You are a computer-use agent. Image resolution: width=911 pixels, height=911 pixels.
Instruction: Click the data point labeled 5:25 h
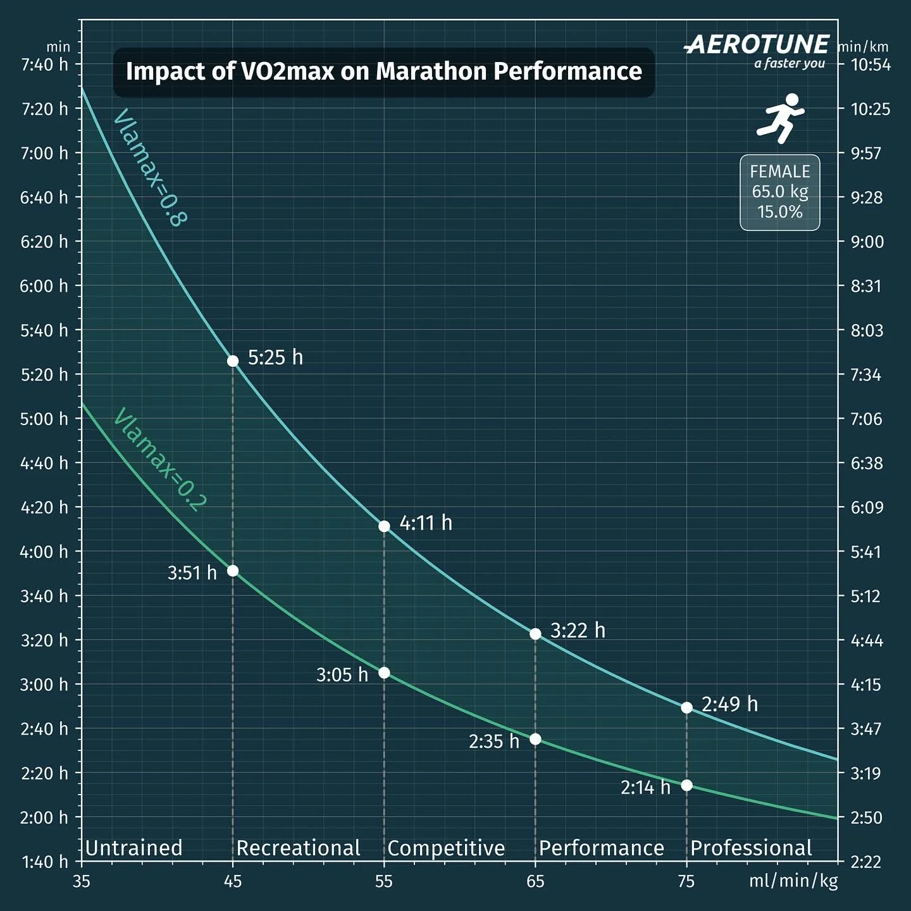click(x=233, y=361)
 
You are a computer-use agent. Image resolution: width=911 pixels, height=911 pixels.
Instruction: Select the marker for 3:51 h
click(x=233, y=571)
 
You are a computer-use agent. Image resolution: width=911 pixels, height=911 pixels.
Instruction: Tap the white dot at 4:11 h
click(x=384, y=526)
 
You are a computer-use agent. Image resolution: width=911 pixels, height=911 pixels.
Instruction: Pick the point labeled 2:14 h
click(x=686, y=785)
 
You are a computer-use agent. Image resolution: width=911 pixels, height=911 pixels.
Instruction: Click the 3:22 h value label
click(x=578, y=631)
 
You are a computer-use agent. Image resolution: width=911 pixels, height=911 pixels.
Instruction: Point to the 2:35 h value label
click(x=494, y=741)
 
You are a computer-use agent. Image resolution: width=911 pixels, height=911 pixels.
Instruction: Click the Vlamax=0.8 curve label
click(x=150, y=168)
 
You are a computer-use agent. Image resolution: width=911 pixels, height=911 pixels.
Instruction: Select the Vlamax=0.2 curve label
click(x=159, y=459)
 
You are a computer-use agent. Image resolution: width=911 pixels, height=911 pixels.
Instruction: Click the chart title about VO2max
click(x=383, y=71)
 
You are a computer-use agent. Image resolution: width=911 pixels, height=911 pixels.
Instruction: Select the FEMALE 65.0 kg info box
click(x=779, y=192)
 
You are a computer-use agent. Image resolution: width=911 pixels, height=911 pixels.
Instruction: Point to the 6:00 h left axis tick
click(x=44, y=286)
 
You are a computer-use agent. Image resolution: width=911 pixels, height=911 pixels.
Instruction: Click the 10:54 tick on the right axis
click(x=870, y=65)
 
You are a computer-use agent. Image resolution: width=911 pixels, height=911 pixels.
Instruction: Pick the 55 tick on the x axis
click(x=384, y=881)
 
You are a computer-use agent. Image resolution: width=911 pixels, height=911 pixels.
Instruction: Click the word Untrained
click(x=133, y=848)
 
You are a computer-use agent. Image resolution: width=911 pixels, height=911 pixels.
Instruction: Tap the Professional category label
click(x=751, y=848)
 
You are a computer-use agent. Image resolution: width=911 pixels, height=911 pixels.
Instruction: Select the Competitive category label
click(x=446, y=848)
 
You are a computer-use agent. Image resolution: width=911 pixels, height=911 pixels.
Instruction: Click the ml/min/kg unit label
click(x=793, y=881)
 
